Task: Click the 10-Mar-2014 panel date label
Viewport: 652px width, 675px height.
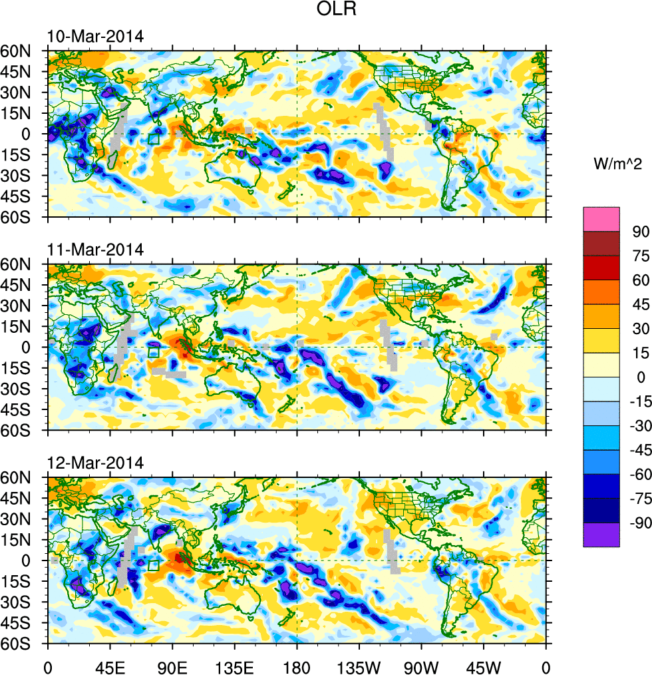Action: coord(95,37)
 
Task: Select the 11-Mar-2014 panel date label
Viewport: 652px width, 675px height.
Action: coord(95,250)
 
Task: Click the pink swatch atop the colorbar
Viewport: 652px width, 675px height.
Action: coord(601,219)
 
